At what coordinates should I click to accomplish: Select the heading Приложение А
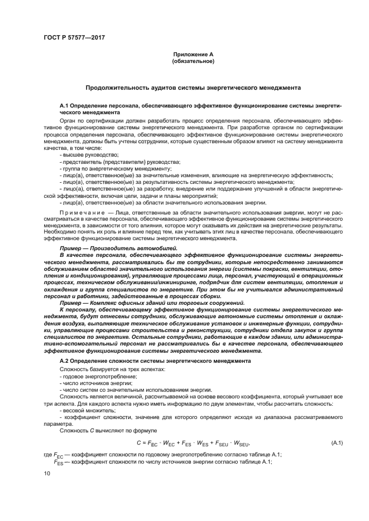click(193, 55)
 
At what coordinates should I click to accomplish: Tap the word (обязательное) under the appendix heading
click(193, 61)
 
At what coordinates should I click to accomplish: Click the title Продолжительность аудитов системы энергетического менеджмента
click(193, 88)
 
